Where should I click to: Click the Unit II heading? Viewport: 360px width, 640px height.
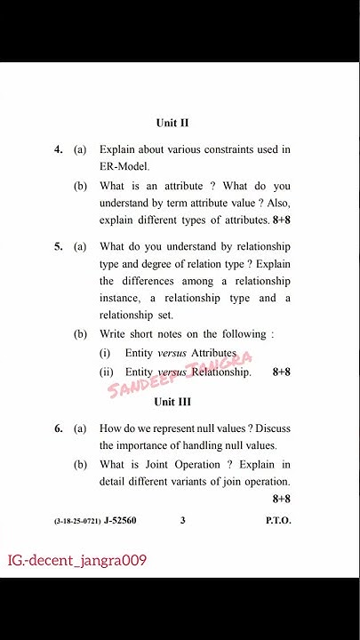(172, 123)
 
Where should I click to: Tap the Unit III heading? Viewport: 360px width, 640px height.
(172, 402)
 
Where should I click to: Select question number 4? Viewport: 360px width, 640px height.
(58, 149)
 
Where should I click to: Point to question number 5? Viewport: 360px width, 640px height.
(58, 246)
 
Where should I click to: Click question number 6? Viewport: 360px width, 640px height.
(58, 428)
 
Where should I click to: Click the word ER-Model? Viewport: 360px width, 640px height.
(124, 166)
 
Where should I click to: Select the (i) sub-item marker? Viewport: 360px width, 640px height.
(105, 353)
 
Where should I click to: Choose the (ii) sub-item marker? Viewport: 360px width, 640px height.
(106, 372)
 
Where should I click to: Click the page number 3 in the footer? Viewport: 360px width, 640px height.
(182, 520)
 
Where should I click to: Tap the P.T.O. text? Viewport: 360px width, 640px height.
(277, 520)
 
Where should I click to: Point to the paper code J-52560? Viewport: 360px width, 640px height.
(120, 520)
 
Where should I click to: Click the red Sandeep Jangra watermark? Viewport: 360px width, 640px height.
(180, 374)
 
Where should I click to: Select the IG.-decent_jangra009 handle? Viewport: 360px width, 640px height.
(77, 561)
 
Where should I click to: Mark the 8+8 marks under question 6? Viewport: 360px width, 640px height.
(281, 499)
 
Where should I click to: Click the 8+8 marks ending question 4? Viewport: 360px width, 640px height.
(281, 219)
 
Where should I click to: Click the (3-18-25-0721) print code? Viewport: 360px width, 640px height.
(76, 521)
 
